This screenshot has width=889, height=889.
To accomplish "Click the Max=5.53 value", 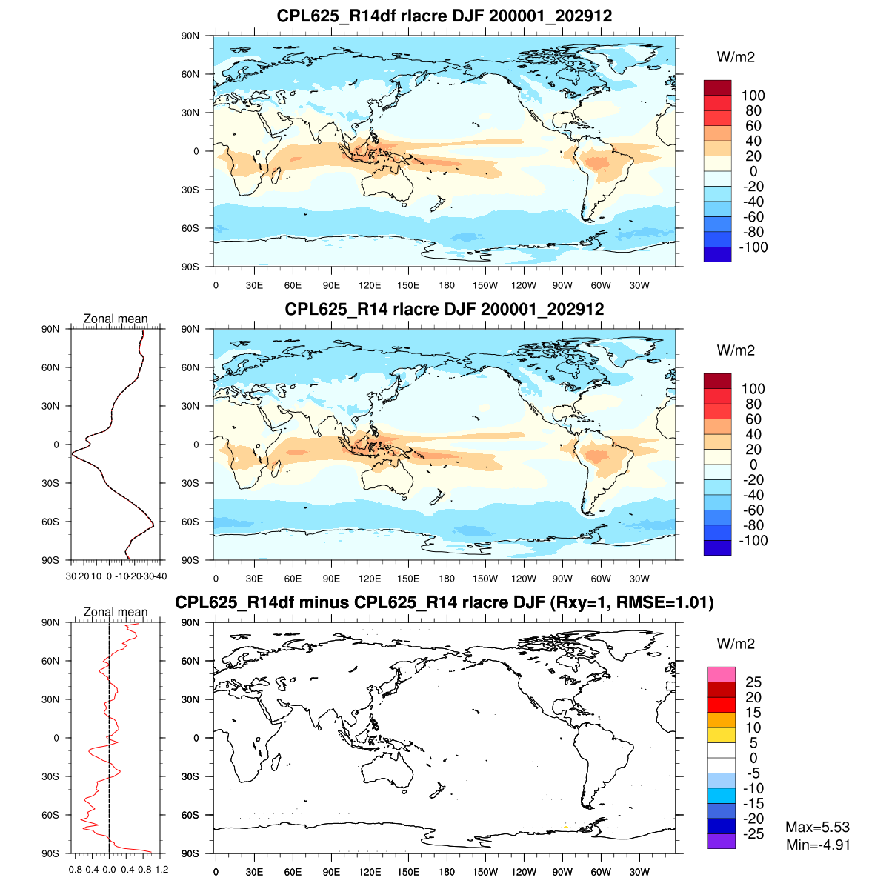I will point(817,828).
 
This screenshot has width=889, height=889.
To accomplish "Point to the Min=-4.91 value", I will point(817,845).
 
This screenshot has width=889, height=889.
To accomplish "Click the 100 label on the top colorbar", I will point(753,96).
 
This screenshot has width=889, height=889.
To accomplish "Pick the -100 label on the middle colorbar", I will point(753,541).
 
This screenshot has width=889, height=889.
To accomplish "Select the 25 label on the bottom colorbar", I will point(753,682).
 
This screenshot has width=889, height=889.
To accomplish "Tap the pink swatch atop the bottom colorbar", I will point(721,674).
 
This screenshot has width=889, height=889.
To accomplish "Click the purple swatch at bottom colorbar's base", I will point(721,841).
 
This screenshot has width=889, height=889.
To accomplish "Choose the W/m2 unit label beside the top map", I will point(736,57).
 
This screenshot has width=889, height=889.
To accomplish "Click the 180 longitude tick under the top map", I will point(447,285).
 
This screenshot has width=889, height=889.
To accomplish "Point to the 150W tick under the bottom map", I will point(485,872).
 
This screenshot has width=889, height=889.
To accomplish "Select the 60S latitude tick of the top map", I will point(191,228).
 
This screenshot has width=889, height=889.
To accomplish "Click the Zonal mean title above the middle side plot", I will point(116,319).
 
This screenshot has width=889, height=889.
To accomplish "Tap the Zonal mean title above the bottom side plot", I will point(116,612).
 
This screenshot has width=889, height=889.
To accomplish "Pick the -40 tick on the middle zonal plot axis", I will point(161,576).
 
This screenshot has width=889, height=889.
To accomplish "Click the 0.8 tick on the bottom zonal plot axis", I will point(75,869).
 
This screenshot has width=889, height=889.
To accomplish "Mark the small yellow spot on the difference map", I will point(565,828).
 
